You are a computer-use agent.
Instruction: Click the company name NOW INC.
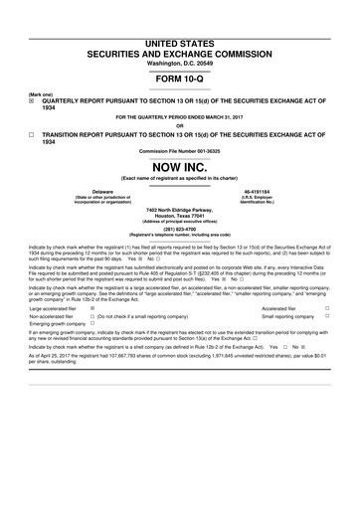[x=179, y=168]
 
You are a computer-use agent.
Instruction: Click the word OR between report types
[x=179, y=125]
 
